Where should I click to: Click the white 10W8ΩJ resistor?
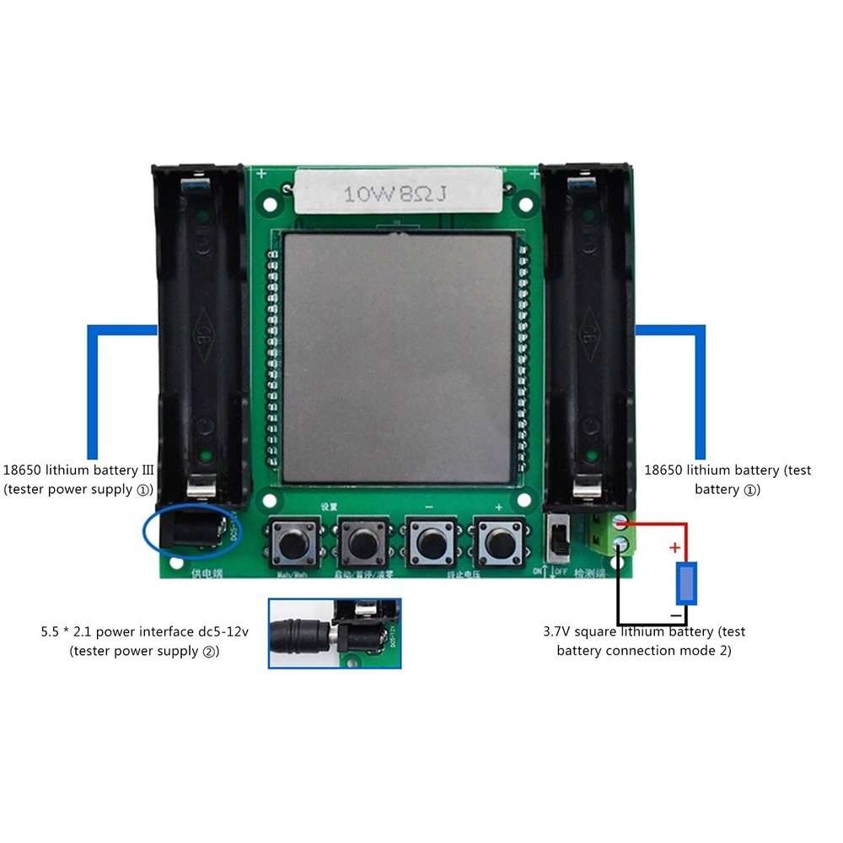click(397, 194)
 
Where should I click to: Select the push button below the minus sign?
click(430, 542)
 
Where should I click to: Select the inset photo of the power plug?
click(335, 633)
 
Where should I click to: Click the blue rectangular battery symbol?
click(688, 584)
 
